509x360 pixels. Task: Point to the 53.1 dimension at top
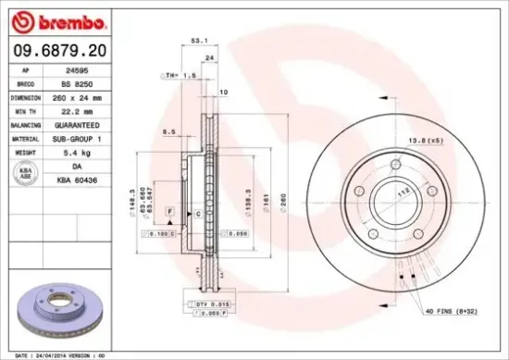[x=196, y=41]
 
